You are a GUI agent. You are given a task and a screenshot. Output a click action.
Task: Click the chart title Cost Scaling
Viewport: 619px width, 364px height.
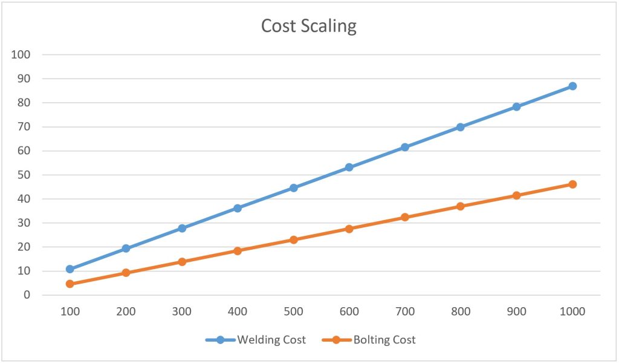308,26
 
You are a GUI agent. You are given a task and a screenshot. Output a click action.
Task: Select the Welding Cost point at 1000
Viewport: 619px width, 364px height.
572,86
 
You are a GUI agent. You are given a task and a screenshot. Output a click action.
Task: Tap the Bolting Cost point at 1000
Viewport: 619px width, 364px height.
572,184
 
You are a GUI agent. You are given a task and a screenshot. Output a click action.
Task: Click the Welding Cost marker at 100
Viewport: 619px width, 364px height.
70,269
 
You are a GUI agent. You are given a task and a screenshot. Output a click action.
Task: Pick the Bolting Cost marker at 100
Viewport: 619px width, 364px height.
70,284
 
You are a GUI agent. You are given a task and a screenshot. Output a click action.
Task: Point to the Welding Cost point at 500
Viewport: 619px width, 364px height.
294,188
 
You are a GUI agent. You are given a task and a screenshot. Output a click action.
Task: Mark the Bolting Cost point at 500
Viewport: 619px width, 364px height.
294,240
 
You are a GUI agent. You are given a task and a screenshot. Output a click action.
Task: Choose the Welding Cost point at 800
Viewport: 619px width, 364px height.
461,127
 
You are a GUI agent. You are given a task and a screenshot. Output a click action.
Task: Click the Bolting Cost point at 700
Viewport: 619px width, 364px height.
405,217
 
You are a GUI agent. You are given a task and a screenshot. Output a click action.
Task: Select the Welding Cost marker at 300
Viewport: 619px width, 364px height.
182,229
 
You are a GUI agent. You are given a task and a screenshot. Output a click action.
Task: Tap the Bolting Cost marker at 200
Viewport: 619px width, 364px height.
126,273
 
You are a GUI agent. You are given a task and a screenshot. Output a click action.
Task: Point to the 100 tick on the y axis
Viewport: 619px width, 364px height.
20,55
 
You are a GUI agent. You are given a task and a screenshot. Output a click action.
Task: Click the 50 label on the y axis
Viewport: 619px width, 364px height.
23,175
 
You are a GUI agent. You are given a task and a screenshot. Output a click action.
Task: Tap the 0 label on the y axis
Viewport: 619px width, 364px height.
27,295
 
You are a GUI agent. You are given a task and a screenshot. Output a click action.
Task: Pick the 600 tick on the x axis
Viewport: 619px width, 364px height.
349,312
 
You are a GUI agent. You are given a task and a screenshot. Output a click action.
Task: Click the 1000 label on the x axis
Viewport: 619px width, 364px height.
572,312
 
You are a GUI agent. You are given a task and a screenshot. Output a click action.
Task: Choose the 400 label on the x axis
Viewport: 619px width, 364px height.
238,312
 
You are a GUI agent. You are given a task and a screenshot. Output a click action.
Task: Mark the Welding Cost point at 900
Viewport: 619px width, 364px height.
517,106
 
